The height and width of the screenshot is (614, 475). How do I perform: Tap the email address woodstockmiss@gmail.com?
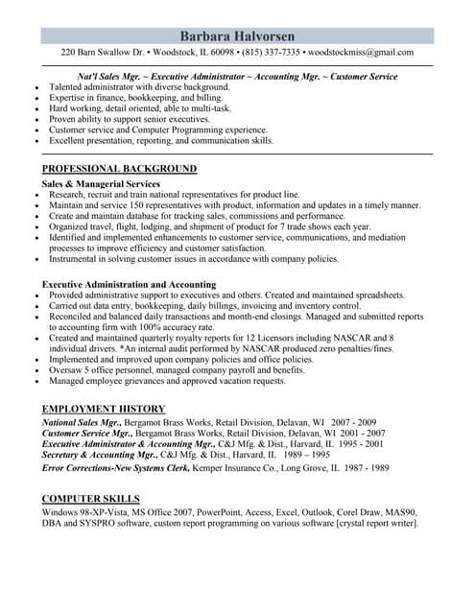360,52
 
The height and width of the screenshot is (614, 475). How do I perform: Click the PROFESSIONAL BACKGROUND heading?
119,169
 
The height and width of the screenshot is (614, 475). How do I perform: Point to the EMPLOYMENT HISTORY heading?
104,409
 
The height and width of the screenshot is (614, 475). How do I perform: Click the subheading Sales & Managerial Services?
101,183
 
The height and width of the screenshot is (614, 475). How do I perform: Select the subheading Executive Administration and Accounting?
129,284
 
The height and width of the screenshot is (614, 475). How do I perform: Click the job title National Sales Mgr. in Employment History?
82,422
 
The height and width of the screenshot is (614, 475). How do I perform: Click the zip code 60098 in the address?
222,52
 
